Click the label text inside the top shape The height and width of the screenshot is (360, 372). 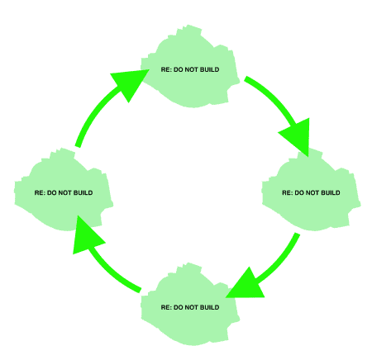coord(190,69)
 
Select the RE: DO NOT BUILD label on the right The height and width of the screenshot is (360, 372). coord(311,192)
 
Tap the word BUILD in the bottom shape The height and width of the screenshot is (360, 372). coord(209,307)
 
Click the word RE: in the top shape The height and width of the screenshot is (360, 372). coord(166,69)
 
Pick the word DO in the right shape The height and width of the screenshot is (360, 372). coord(299,192)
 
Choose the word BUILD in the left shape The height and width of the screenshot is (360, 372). coord(83,192)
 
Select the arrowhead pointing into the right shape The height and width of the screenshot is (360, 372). coord(298,135)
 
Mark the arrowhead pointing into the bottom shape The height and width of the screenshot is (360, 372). coord(246,285)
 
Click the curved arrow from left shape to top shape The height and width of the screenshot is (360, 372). coord(100,108)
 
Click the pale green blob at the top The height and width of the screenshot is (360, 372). coord(190,68)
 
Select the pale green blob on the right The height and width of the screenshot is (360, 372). coord(311,191)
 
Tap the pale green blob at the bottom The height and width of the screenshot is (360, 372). coord(190,305)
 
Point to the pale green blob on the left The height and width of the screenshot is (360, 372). coord(64,191)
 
